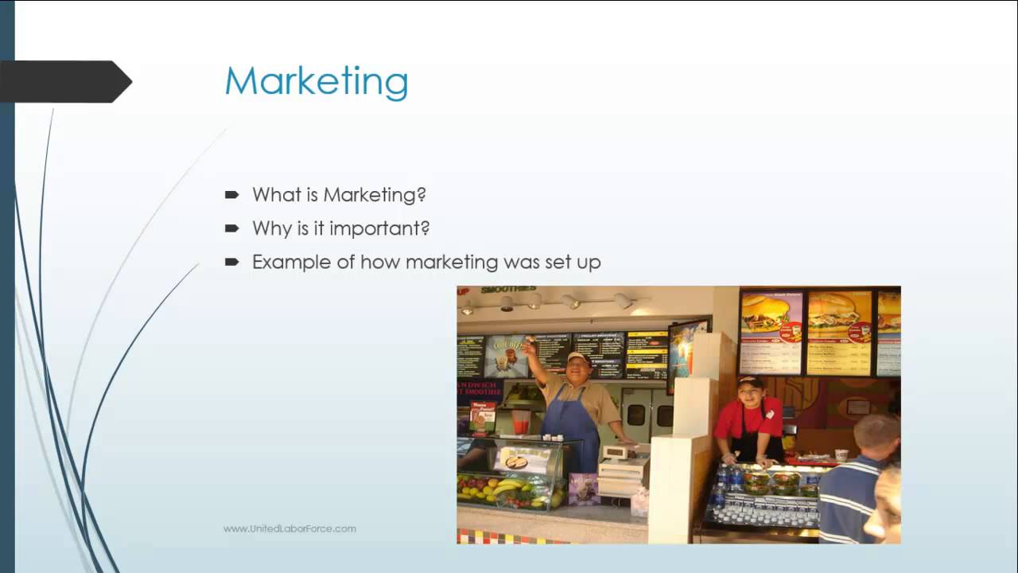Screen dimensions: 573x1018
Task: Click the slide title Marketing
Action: click(316, 81)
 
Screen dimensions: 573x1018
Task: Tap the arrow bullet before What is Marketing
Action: click(232, 194)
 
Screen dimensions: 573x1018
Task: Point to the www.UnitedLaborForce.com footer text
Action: click(289, 528)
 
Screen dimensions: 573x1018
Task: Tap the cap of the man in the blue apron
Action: click(578, 357)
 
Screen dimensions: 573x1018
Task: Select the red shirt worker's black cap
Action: click(749, 382)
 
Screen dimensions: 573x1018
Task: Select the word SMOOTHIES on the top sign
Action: click(508, 290)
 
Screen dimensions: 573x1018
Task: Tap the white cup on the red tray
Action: click(841, 455)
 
